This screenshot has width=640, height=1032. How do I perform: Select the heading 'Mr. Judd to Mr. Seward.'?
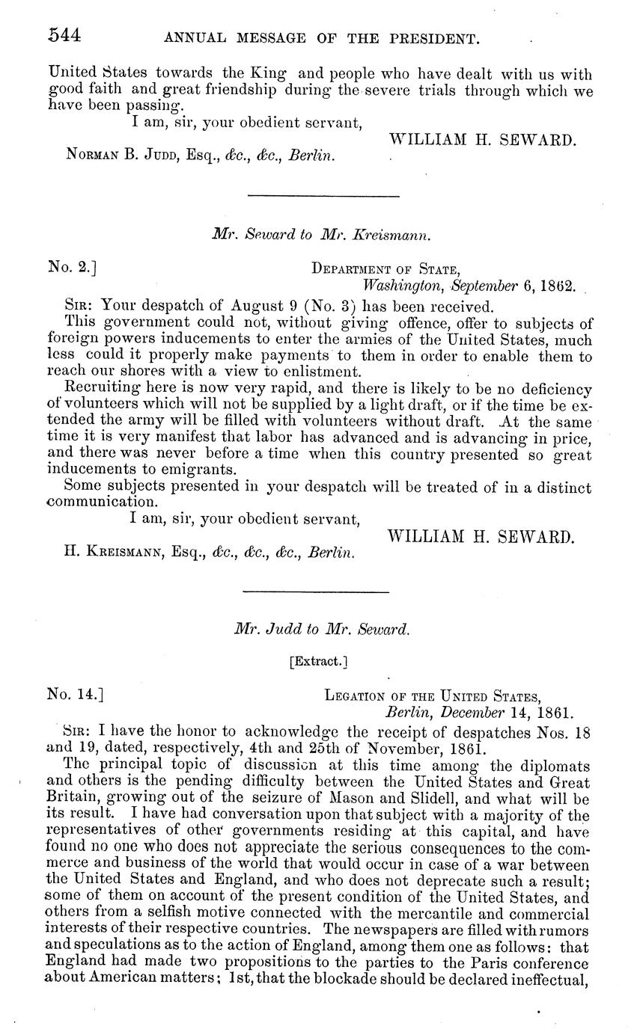323,630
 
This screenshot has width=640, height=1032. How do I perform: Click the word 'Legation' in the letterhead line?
353,695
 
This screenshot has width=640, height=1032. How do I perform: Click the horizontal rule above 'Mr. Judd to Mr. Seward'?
317,593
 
